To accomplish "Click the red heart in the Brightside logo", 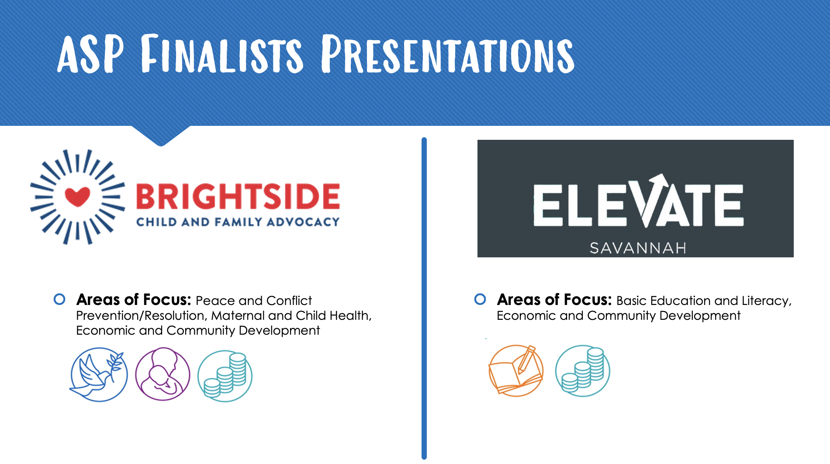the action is point(77,197).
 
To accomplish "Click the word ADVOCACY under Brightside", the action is point(303,222).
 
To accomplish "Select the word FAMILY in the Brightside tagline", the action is point(239,222).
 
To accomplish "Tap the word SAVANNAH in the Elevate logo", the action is point(638,248).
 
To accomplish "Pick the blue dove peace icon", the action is point(99,374).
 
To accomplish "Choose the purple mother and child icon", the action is point(163,374).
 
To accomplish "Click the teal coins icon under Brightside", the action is point(225,376).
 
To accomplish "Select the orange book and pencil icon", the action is point(516,371).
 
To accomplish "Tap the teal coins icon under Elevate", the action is point(582,371).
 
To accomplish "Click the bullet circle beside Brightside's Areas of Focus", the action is point(59,299).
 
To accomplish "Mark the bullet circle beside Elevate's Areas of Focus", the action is point(480,299).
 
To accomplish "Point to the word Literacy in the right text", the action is point(767,301).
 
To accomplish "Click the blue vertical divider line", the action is point(424,298).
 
